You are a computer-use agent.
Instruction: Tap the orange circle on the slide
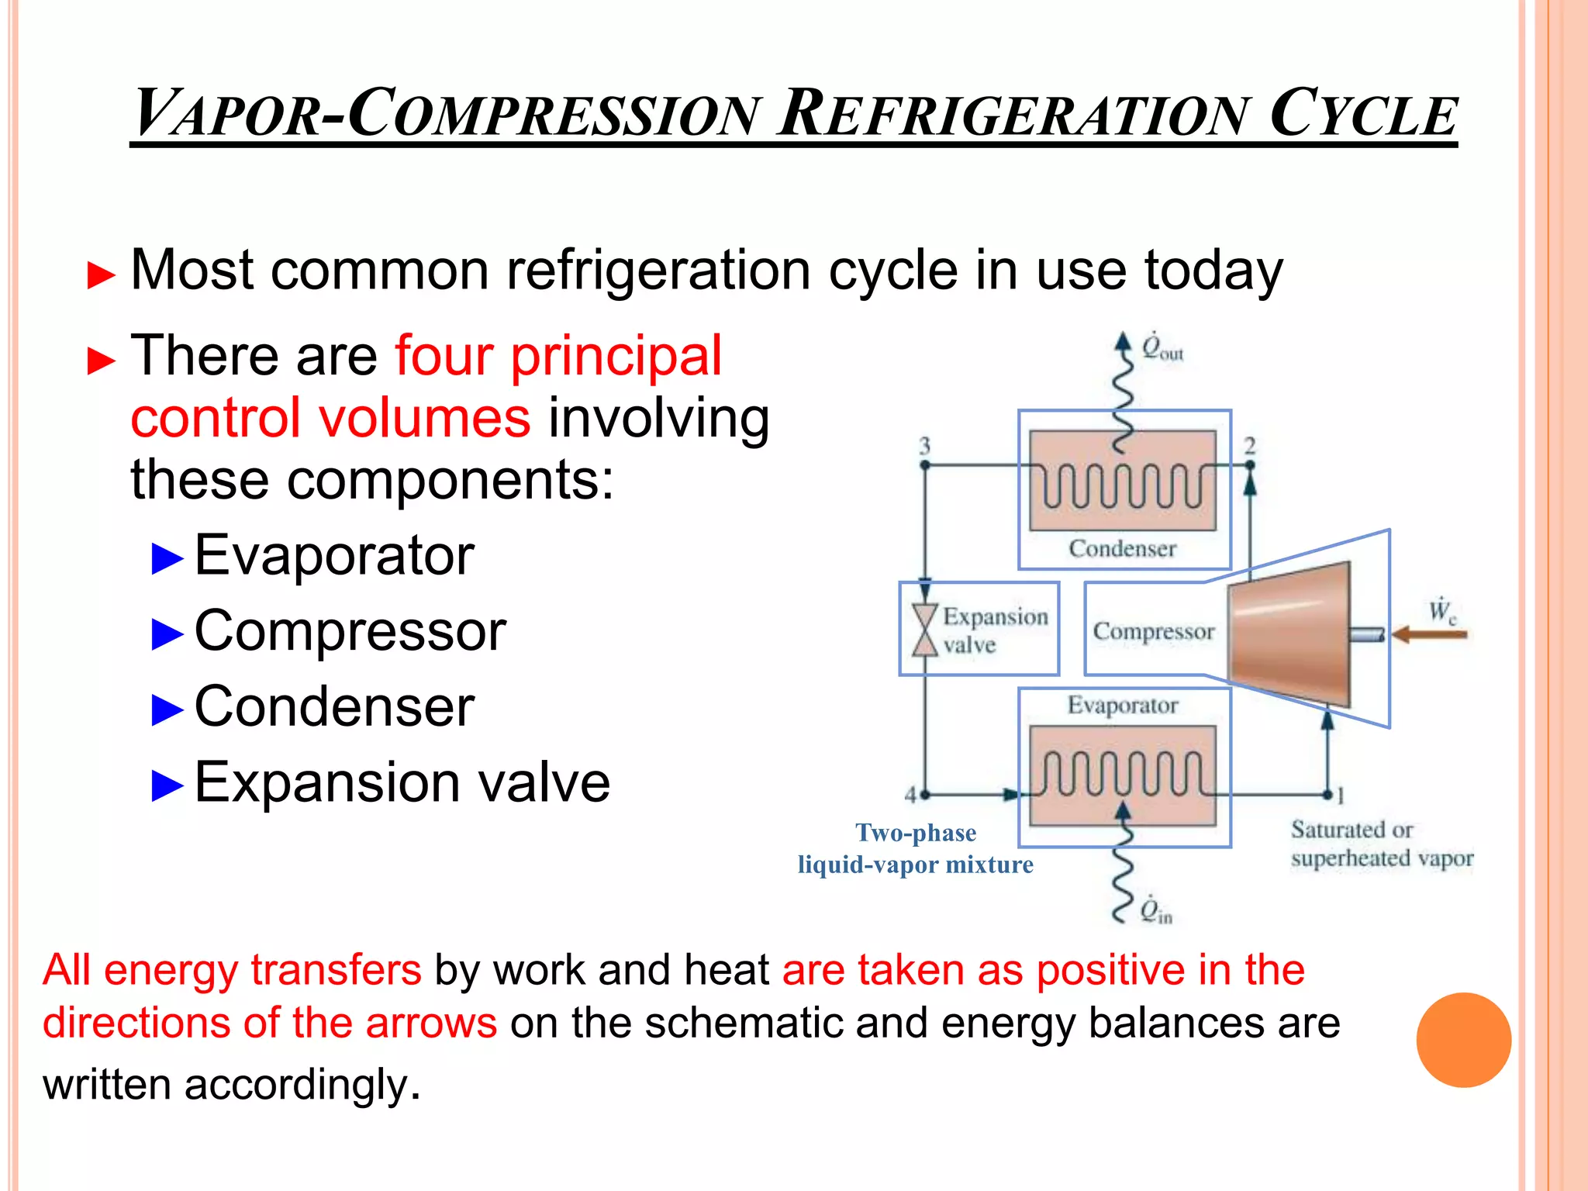coord(1463,1040)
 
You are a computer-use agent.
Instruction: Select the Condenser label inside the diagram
coord(1122,549)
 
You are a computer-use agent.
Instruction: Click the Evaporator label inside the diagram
coord(1122,706)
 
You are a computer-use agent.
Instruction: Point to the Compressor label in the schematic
coord(1153,632)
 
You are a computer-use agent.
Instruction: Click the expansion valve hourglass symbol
coord(924,630)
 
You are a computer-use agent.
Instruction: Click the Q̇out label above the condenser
coord(1162,348)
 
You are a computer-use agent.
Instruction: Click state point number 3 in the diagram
coord(924,446)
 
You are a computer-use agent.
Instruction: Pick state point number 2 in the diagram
coord(1249,446)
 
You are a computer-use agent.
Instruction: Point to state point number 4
coord(911,794)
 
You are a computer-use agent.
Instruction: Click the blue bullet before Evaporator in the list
coord(167,558)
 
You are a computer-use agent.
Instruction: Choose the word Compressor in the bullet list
coord(350,631)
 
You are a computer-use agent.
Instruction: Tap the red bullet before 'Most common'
coord(102,275)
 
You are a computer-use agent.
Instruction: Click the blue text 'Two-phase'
coord(915,833)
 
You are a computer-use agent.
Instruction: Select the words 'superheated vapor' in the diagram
coord(1382,859)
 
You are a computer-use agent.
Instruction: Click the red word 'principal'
coord(616,357)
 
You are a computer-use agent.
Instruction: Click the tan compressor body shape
coord(1289,634)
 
